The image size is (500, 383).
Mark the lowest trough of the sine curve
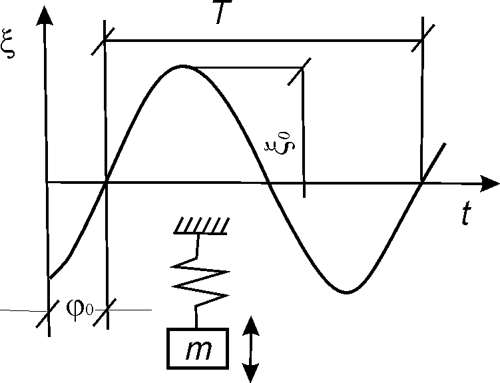(345, 292)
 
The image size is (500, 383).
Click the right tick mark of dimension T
(421, 41)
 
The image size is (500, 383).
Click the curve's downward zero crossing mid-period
(268, 181)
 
